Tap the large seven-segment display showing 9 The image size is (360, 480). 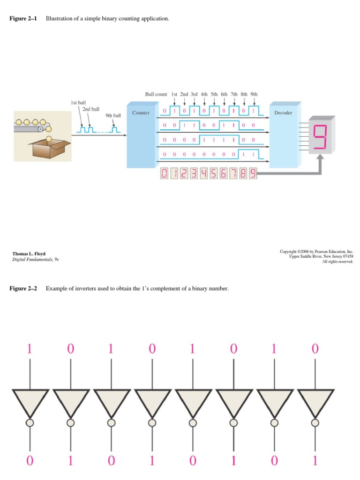(321, 135)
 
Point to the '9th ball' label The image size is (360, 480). (113, 115)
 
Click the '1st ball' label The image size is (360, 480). (78, 102)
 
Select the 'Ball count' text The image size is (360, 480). (156, 94)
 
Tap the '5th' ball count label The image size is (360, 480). (214, 94)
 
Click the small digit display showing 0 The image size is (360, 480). (164, 174)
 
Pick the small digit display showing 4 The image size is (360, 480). (204, 174)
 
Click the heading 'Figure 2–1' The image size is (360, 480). (23, 18)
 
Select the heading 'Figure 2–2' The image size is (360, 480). (23, 288)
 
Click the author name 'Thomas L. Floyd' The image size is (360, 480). (29, 254)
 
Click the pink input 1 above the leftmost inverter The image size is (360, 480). (30, 349)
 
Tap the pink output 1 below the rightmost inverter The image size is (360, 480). (315, 461)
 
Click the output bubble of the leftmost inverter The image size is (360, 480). (30, 423)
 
